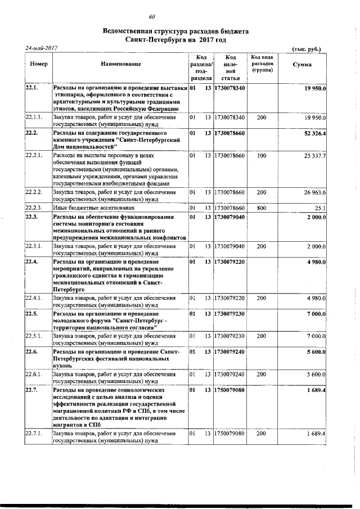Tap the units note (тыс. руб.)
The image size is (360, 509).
[307, 49]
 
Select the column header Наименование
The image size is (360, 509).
[120, 64]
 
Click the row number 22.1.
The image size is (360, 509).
[31, 88]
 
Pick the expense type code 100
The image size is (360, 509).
[261, 155]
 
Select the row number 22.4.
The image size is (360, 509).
[31, 262]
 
